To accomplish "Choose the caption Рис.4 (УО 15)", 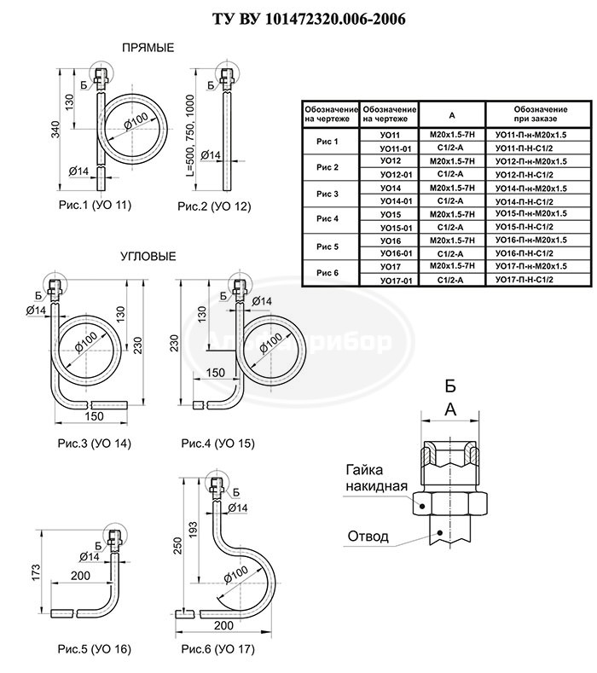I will [217, 444].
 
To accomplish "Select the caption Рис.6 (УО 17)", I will [217, 649].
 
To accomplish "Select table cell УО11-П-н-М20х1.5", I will [530, 135].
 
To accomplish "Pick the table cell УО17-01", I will [395, 280].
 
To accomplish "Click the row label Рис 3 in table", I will [327, 194].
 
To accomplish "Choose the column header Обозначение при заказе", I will [530, 114].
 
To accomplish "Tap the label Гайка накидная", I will [375, 478].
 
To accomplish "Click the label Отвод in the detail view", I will [368, 537].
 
